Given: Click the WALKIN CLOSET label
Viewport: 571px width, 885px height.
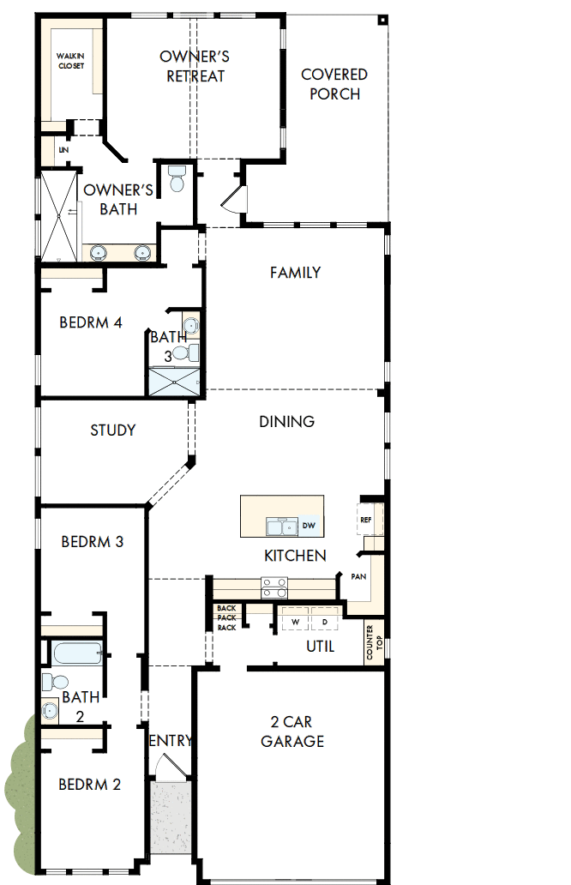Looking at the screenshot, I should coord(71,61).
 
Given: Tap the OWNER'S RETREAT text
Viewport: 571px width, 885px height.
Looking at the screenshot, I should coord(195,66).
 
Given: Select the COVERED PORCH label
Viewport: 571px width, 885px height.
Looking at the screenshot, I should coord(334,84).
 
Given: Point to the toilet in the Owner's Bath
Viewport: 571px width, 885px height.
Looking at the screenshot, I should coord(177,178).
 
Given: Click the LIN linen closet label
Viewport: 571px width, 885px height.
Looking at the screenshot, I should coord(63,150).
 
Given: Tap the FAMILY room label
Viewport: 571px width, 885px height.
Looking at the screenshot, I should coord(295,273).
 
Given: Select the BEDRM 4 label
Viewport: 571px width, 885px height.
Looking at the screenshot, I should coord(91,322).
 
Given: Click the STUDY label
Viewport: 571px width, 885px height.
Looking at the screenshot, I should coord(113,430).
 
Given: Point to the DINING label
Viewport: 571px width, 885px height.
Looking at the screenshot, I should coord(287,421).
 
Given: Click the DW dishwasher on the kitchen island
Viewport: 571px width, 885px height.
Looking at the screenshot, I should coord(310,526).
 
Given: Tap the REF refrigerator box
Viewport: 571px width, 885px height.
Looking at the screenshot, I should coord(366,520).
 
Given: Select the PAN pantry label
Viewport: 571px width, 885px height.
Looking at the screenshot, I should coord(359,576).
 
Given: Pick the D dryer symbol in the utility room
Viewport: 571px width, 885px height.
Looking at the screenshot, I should coord(324,620).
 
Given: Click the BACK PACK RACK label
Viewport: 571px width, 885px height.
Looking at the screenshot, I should coord(226,617).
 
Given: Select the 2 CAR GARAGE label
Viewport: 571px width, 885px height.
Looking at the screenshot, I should coord(292,731).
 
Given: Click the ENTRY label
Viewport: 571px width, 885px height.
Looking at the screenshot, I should coord(171,741).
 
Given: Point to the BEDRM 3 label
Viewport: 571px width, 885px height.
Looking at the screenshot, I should coord(93,542).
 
